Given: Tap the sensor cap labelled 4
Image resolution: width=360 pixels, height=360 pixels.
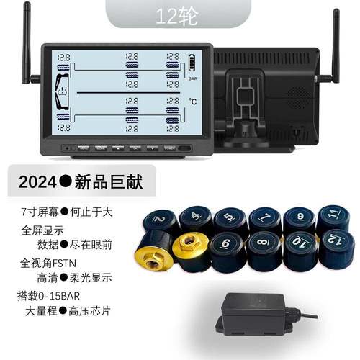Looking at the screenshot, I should coord(195,216).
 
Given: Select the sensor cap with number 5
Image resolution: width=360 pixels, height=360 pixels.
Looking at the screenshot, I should coord(228,216).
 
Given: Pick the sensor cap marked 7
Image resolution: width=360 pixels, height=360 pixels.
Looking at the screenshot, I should coord(262,217).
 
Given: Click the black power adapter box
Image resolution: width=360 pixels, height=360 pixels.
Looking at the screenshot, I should coord(257,312).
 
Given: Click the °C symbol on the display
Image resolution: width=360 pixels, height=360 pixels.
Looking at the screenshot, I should coord(193,102).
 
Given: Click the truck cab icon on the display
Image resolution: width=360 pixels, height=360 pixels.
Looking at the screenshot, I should coord(63,93).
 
